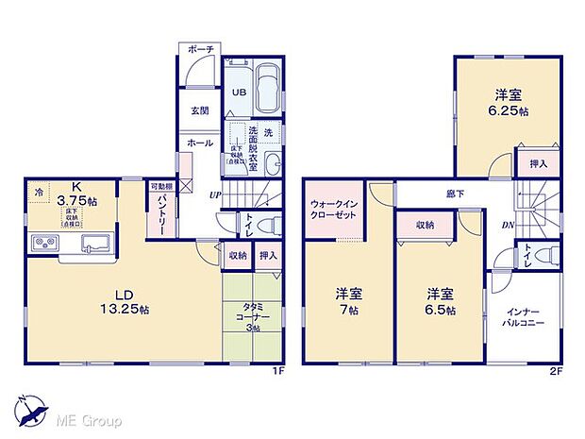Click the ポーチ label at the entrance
(199, 49)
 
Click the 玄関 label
(199, 110)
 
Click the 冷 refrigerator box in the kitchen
(39, 191)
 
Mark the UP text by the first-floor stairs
(216, 196)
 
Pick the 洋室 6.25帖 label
(508, 102)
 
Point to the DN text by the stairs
(507, 227)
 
